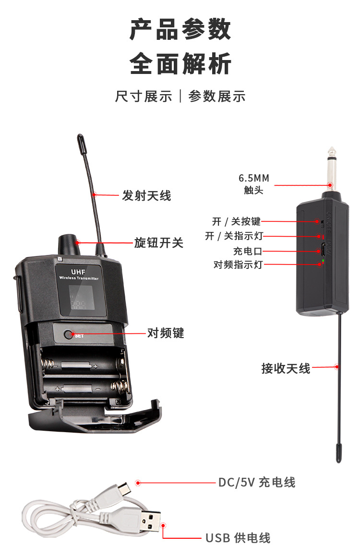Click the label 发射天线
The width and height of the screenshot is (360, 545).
point(146,195)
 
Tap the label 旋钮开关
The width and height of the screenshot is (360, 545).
point(158,242)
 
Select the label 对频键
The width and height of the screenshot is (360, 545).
point(166,333)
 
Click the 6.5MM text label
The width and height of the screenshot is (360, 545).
point(254,178)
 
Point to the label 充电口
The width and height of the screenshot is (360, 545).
point(248,251)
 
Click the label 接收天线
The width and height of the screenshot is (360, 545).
point(286,368)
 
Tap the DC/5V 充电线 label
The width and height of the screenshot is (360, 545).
point(257,482)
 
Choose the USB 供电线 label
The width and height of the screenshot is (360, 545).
point(238,537)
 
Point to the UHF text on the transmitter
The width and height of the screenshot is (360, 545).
point(78,272)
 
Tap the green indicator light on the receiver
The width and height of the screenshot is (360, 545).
point(323,261)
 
